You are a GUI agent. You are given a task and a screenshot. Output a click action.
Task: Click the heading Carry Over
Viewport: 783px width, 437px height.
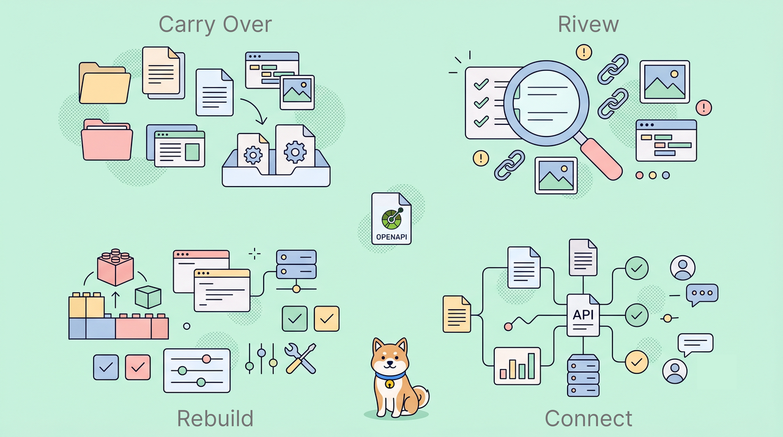point(215,24)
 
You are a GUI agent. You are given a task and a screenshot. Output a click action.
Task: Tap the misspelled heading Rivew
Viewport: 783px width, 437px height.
point(588,24)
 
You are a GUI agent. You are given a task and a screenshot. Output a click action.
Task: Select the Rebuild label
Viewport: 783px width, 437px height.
point(215,418)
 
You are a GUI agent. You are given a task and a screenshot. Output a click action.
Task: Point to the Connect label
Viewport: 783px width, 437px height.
point(588,418)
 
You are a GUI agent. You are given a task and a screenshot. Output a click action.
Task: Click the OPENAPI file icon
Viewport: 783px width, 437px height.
point(391,219)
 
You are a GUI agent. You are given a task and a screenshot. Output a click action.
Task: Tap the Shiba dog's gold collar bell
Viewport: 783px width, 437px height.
point(390,384)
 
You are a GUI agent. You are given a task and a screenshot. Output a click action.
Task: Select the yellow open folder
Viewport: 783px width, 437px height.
point(105,83)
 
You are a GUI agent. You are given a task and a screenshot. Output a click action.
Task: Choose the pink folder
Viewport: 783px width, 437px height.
point(106,140)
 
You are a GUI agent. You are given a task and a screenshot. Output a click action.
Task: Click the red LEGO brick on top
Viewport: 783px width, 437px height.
point(116,267)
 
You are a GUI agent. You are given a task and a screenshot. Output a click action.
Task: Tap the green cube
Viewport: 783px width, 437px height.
point(148,297)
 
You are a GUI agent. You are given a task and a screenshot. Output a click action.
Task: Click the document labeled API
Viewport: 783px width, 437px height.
point(583,315)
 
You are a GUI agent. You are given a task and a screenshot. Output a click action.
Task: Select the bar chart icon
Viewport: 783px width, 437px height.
point(517,366)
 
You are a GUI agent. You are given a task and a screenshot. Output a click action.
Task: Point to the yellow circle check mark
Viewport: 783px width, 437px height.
point(637,362)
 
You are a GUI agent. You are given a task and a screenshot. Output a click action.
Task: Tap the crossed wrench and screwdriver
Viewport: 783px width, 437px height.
point(300,358)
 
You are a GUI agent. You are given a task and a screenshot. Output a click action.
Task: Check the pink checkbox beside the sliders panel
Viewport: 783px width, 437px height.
point(138,367)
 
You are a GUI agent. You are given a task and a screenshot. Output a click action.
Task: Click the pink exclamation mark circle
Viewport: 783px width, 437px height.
point(703,108)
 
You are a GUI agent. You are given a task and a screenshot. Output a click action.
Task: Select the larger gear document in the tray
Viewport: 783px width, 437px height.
point(295,149)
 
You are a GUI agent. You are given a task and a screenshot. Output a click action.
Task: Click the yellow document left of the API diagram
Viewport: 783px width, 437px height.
point(456,314)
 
